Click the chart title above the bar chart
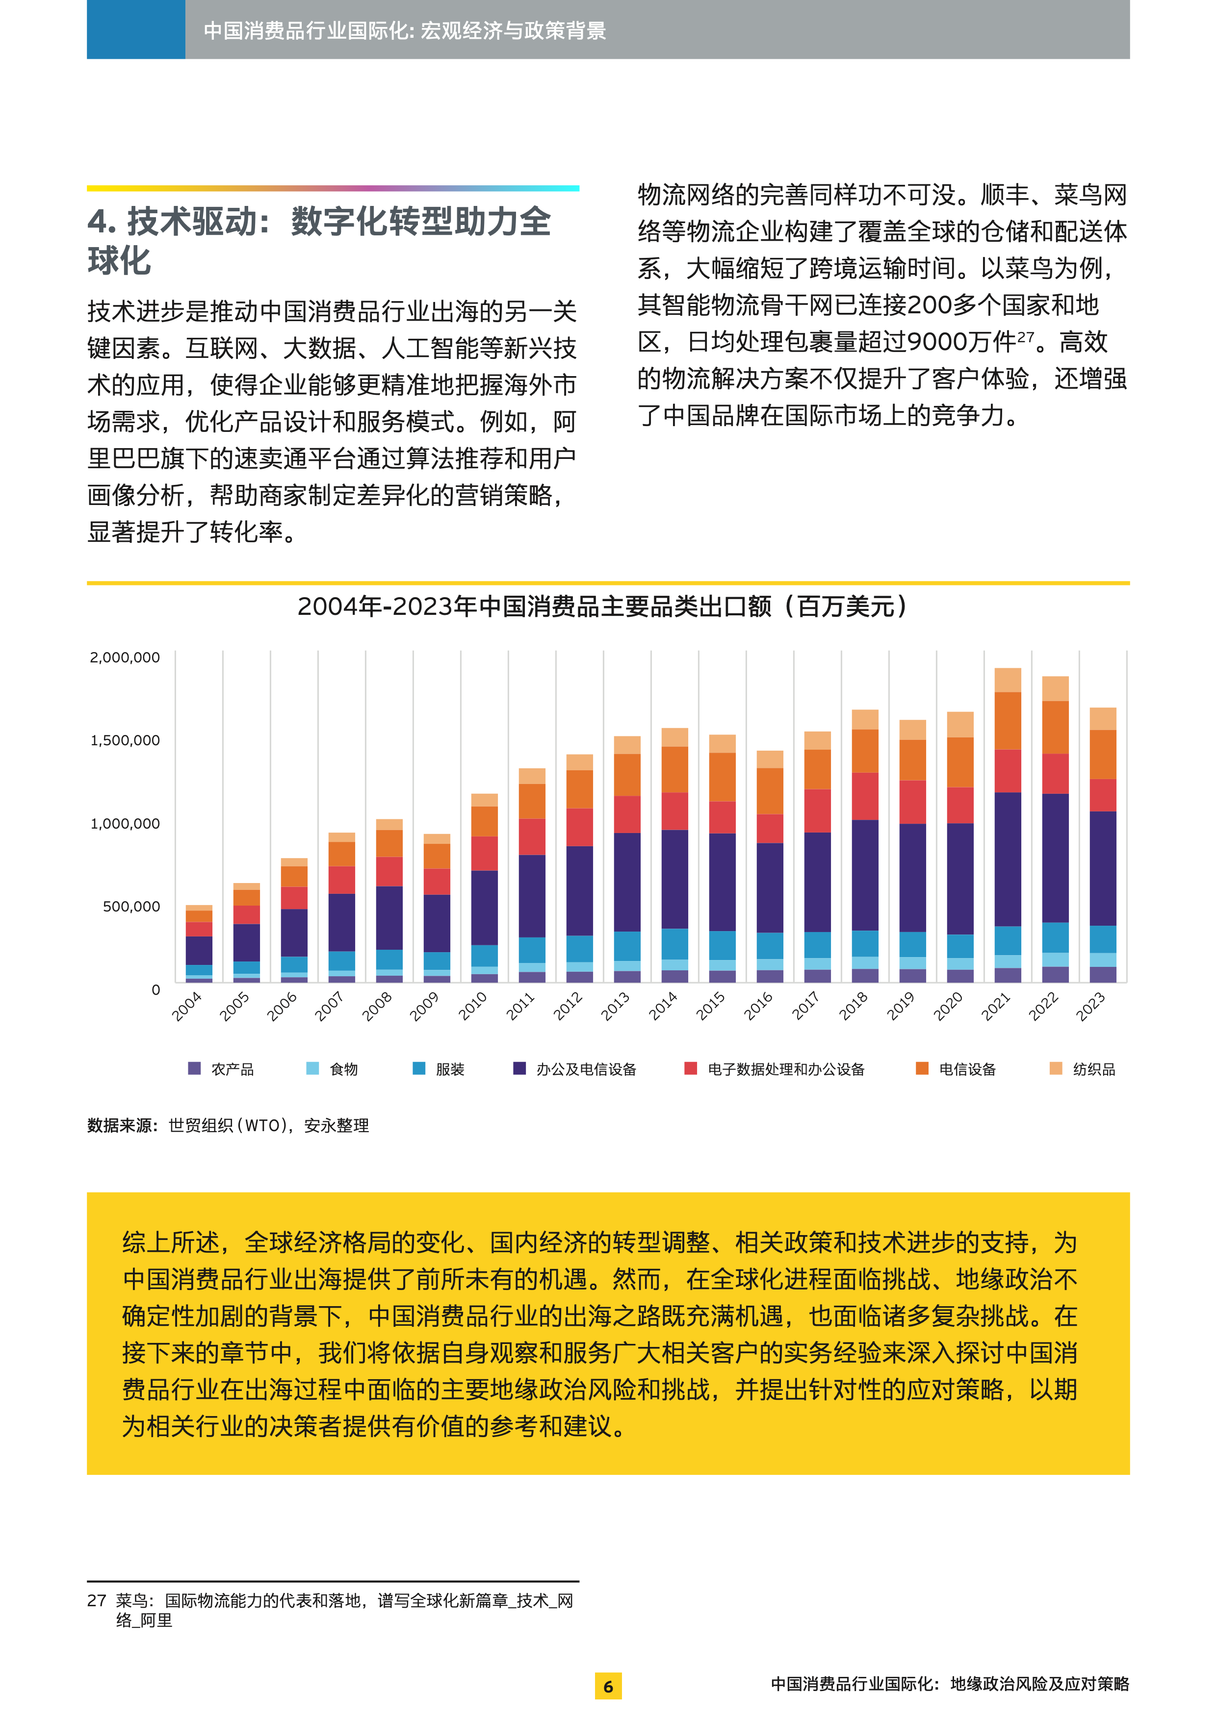pos(604,606)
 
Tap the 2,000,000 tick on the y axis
pos(125,657)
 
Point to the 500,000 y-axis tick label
pos(131,907)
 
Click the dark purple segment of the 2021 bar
pos(1007,859)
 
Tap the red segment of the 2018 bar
pos(865,796)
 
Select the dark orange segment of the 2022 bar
pos(1055,727)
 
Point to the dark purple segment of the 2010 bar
pos(484,907)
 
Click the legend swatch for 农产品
pos(195,1068)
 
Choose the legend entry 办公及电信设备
pos(585,1069)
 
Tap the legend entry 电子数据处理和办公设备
pos(785,1069)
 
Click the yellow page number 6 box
pos(608,1686)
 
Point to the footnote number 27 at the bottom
pos(97,1601)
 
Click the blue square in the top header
pos(136,29)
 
